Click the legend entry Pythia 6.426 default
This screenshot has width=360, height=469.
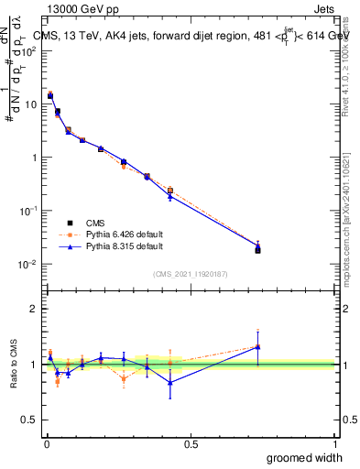[x=111, y=234]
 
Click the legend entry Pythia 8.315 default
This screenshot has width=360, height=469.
[x=111, y=246]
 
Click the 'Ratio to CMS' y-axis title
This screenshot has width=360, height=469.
[x=14, y=364]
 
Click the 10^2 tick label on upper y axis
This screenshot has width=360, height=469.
[x=28, y=51]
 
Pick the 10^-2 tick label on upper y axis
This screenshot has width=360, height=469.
[x=28, y=265]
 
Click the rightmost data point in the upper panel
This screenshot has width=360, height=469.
[x=257, y=247]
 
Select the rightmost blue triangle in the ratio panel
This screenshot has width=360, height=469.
[x=257, y=346]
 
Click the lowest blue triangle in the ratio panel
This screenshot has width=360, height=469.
[x=169, y=383]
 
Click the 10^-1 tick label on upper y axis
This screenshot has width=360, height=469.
[x=28, y=211]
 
